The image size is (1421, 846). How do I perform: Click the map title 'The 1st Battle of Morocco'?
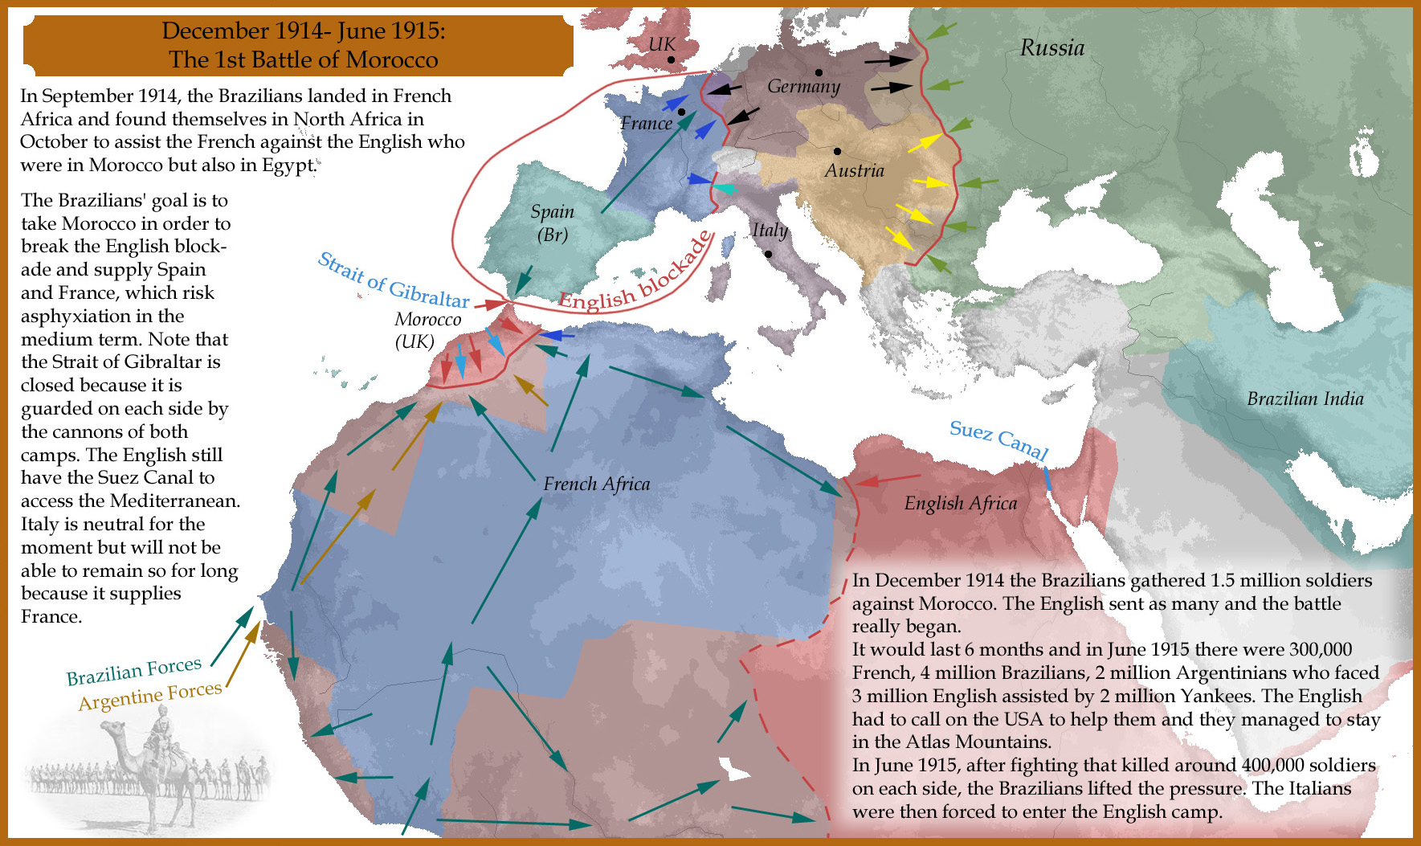tap(303, 59)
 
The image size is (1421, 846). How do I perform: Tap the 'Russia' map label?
tap(1051, 48)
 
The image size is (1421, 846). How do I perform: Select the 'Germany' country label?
tap(802, 87)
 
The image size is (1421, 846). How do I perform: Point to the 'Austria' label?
tap(854, 170)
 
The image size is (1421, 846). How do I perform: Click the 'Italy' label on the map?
tap(769, 230)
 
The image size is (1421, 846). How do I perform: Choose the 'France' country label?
tap(646, 124)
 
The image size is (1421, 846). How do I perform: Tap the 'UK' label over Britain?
tap(662, 44)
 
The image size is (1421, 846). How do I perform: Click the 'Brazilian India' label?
tap(1305, 398)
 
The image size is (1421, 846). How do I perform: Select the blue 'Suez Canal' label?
tap(998, 439)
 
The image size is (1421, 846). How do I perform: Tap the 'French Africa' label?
tap(596, 484)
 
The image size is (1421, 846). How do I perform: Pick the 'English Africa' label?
tap(960, 504)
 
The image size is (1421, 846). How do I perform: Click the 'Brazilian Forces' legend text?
tap(133, 671)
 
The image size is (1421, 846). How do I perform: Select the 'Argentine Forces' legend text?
tap(150, 696)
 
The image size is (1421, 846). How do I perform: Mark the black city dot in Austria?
tap(837, 151)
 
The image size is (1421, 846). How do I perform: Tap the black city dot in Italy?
tap(768, 254)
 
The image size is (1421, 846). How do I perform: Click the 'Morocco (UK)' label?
tap(427, 329)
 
